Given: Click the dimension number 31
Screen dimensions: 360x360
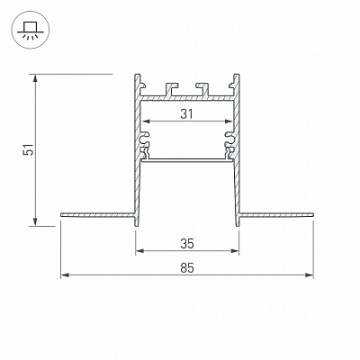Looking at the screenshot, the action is (x=187, y=113).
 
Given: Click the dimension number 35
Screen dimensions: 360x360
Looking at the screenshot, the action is (x=187, y=244).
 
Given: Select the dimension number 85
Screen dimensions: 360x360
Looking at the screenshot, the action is (x=187, y=267).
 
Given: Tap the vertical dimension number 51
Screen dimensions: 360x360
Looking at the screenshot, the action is (x=29, y=149).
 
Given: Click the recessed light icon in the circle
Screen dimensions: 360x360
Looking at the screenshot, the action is (x=30, y=30).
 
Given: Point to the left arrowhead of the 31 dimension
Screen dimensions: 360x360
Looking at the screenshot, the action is (x=146, y=121).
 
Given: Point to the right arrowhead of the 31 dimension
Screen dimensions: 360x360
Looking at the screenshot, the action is (x=229, y=121).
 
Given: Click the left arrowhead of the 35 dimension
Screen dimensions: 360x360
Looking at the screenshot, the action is (x=139, y=250).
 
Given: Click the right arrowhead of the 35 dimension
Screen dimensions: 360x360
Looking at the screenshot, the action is (x=235, y=250).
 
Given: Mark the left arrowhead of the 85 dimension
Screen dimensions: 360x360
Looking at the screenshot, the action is (x=65, y=274).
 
